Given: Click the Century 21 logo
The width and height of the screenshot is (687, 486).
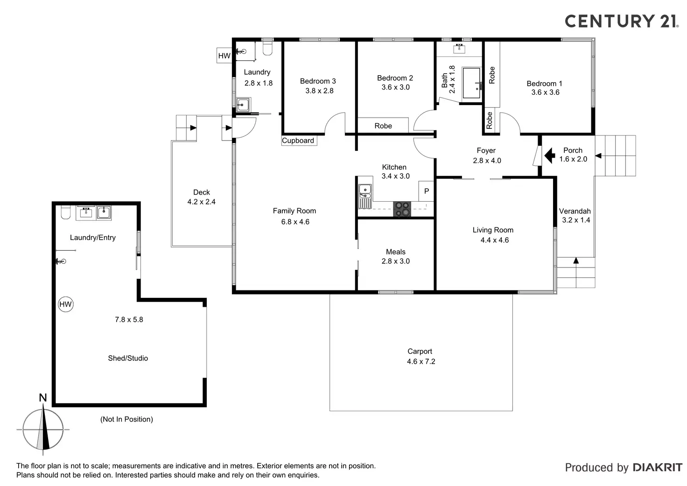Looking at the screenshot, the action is coord(621,21).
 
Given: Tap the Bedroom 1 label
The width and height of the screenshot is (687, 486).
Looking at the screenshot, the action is coord(544,84).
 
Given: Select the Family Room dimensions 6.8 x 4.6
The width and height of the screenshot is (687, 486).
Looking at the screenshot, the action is coord(295,222).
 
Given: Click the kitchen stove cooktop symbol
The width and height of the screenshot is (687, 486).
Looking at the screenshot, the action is coord(402,209).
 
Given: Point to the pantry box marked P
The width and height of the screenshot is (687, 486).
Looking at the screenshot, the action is coord(426,191).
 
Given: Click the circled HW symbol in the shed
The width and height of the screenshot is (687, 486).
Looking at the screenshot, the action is coord(66,304).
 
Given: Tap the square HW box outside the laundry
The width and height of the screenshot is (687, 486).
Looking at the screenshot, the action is coord(224,56).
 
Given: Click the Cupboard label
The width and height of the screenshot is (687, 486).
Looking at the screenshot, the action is coord(298,141).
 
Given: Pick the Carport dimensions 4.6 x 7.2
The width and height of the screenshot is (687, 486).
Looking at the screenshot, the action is coord(421,361).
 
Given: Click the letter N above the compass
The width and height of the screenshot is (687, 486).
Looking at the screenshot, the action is coord(43,398).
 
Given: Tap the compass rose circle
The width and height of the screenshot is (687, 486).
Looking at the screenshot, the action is coord(43,429).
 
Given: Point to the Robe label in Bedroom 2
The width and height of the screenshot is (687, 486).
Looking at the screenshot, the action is coord(383,126).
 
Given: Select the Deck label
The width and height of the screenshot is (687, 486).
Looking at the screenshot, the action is coord(202,192).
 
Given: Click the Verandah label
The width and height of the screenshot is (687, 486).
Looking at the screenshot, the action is coord(575,211).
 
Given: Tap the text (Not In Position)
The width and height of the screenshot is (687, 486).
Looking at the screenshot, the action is coord(126,419).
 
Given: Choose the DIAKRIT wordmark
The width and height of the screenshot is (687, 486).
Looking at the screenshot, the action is coord(657,467).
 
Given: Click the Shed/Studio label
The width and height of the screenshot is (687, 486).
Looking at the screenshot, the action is coord(128,358).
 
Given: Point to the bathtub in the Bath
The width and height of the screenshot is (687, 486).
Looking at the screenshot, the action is coord(472,83).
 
